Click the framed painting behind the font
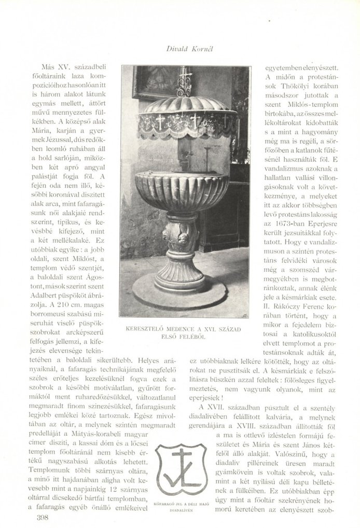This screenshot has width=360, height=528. click(150, 83)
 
